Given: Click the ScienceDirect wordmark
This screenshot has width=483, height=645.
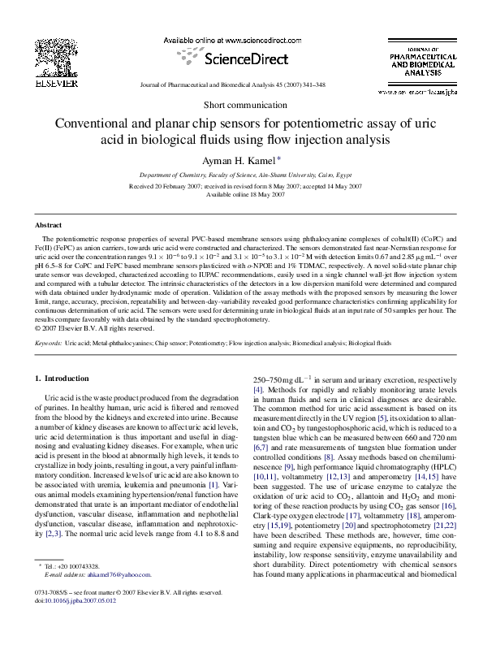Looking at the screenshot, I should coord(233,59).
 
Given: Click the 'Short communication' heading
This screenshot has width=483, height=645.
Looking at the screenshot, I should coord(241,106).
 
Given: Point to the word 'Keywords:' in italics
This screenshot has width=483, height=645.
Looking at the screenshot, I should coord(49,344).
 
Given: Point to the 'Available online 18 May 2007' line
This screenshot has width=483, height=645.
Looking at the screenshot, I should coord(241,195).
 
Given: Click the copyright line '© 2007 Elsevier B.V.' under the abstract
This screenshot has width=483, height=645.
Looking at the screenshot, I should coord(94,328).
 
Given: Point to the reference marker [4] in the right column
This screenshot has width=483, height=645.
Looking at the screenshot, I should coord(259,390).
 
